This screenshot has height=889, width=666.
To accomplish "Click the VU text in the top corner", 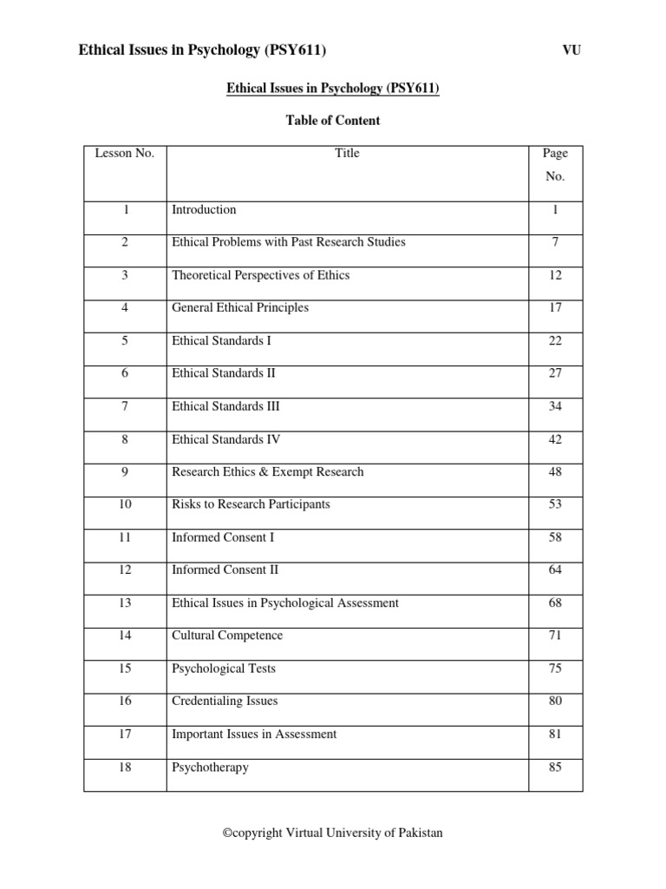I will click(x=571, y=50).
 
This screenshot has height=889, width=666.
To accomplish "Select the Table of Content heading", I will click(x=333, y=121).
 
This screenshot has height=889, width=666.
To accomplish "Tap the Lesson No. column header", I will click(x=125, y=154).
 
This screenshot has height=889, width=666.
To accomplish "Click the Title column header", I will click(x=347, y=154).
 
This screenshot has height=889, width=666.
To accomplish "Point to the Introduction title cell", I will click(x=204, y=209).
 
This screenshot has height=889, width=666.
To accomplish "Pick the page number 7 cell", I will click(x=555, y=242).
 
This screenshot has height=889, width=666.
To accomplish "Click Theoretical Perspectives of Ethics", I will click(x=260, y=275).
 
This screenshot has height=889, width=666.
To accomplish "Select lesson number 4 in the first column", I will click(x=125, y=307).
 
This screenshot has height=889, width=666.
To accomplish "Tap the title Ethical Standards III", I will click(x=225, y=406).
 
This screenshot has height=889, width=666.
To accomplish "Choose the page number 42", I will click(x=555, y=439).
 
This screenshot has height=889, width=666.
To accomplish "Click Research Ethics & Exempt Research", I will click(x=267, y=472).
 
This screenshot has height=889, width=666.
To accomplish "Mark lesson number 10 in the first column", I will click(x=125, y=504).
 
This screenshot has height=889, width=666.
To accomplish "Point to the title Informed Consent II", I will click(x=225, y=570).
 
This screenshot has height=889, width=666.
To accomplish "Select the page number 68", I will click(x=555, y=603).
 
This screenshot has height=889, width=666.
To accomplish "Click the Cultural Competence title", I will click(x=227, y=635).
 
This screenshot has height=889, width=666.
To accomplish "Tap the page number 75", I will click(x=555, y=668).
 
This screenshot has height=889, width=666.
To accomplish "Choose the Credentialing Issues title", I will click(x=225, y=701).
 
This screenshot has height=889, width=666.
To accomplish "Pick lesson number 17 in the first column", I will click(x=125, y=734).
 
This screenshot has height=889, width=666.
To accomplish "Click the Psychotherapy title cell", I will click(x=210, y=767).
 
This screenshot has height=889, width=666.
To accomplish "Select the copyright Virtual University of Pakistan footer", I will click(x=333, y=833).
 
